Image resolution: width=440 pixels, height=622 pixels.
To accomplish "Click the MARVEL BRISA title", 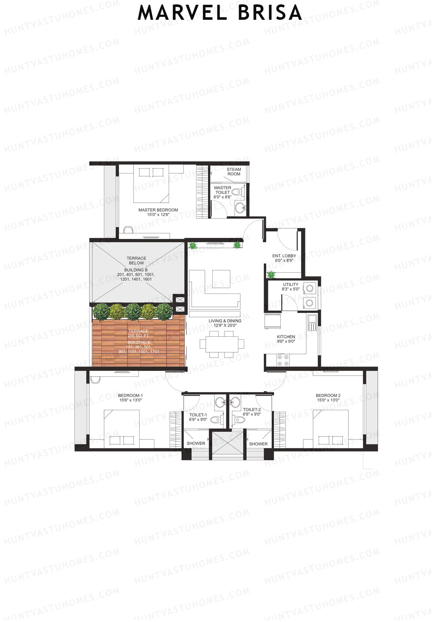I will pos(220,13).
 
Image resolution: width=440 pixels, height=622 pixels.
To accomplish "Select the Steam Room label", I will pos(234,172).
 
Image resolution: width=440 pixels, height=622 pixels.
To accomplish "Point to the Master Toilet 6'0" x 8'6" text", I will pos(223,192).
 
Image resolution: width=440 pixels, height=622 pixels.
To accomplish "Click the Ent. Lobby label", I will pos(284,258).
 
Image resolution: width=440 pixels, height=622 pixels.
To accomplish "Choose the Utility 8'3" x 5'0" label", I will pos(291,287).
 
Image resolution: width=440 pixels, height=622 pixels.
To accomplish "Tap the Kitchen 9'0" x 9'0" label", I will pos(286,339).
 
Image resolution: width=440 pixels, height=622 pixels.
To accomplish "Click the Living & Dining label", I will pos(225,323).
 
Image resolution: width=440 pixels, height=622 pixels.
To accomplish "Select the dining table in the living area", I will pos(222,344).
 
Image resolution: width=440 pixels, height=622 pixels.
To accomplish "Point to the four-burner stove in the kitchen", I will pos(283,360).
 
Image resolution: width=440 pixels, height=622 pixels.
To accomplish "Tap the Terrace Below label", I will pos(136,261).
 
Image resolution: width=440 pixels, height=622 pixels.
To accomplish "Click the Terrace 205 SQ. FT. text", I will pos(138,333).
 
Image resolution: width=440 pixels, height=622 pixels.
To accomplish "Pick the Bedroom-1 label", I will pos(130,398).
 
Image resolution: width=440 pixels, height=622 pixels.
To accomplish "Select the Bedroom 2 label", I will pos(328,398).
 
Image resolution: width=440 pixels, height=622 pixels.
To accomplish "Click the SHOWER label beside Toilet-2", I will pos(258,444).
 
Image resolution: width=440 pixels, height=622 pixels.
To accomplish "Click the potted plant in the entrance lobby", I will pos(271,274).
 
